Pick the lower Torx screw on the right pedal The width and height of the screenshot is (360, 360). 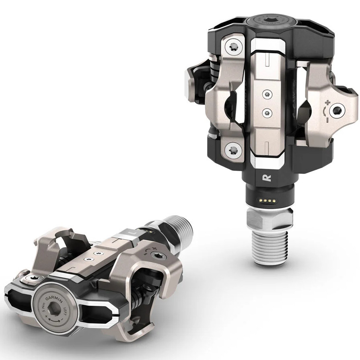click(232, 151)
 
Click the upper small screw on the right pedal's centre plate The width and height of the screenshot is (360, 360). click(266, 94)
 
